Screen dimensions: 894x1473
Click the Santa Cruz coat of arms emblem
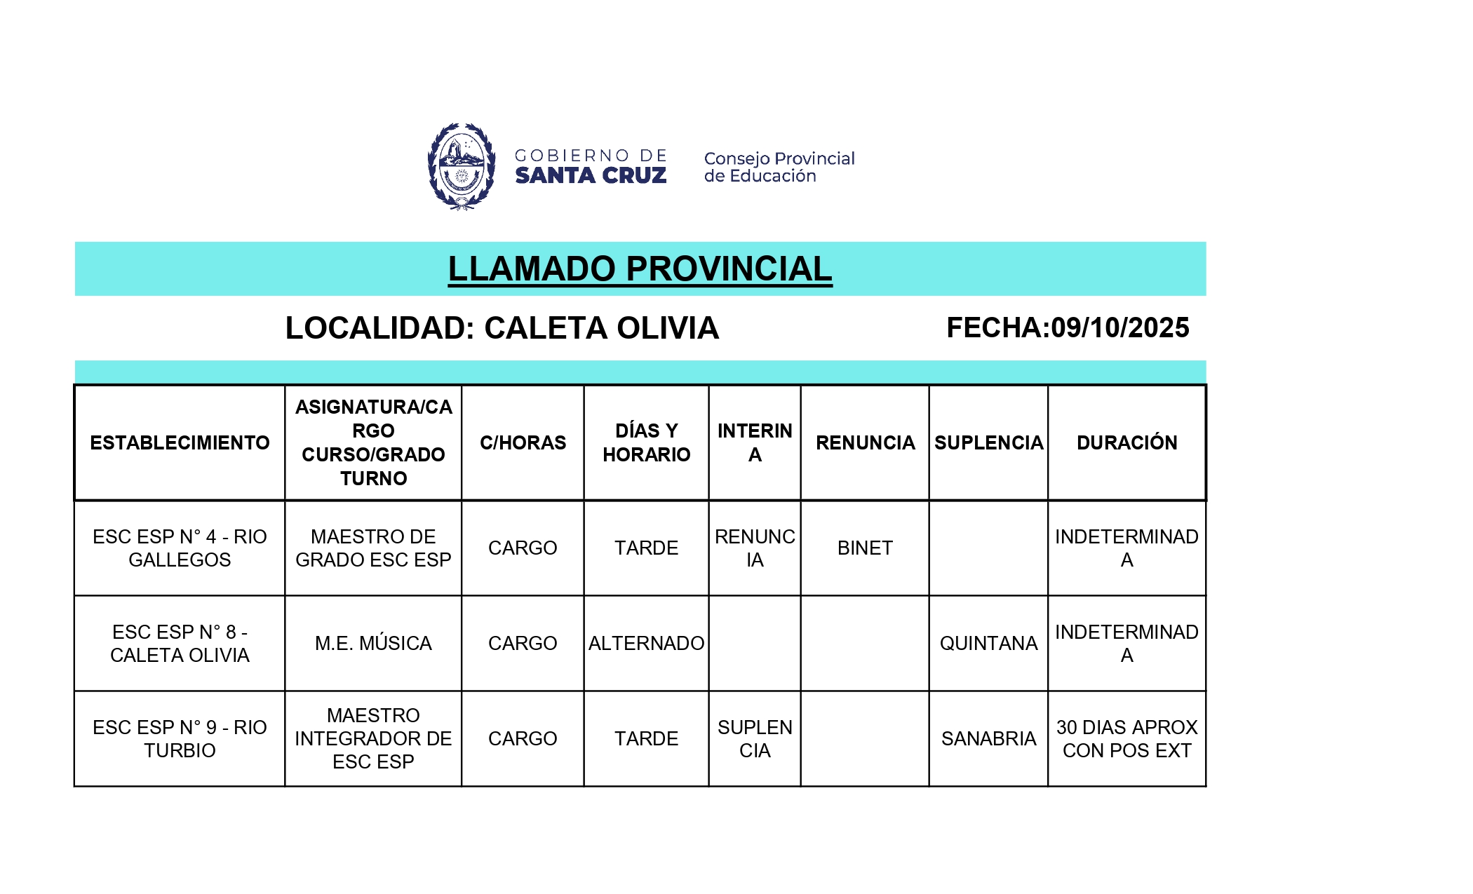tap(462, 166)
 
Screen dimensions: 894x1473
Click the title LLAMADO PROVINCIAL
tap(640, 269)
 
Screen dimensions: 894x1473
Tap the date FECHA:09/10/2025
tap(1068, 327)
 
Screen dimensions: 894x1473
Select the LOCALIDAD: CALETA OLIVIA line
tap(502, 328)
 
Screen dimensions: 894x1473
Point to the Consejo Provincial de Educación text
tap(779, 167)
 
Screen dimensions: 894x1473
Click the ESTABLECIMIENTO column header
tap(180, 442)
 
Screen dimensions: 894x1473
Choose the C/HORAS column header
tap(523, 442)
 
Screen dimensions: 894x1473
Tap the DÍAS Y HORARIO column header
tap(646, 442)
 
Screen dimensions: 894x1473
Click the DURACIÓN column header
tap(1126, 442)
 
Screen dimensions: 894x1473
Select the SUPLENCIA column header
tap(988, 442)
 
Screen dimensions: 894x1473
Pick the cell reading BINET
tap(865, 548)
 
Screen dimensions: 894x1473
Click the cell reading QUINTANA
tap(988, 643)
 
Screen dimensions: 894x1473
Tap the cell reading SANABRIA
tap(988, 738)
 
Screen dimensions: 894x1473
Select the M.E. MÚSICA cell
tap(373, 643)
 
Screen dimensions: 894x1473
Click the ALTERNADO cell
tap(646, 643)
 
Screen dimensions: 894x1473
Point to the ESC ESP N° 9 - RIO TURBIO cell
tap(180, 738)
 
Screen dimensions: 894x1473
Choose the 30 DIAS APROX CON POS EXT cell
tap(1126, 738)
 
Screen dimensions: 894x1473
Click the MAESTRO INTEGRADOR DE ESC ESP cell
tap(373, 738)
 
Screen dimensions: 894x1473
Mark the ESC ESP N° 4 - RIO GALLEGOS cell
tap(180, 548)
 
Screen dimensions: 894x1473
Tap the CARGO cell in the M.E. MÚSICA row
tap(523, 643)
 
